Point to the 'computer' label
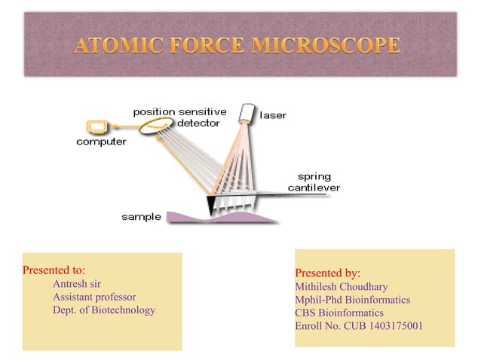tap(101, 142)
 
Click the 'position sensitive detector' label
tap(179, 117)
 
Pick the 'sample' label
tap(141, 217)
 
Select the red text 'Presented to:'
tap(54, 270)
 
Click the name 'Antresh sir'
tap(77, 284)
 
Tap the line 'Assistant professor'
tap(94, 297)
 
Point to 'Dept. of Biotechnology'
tap(104, 310)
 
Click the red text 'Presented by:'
tap(327, 273)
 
